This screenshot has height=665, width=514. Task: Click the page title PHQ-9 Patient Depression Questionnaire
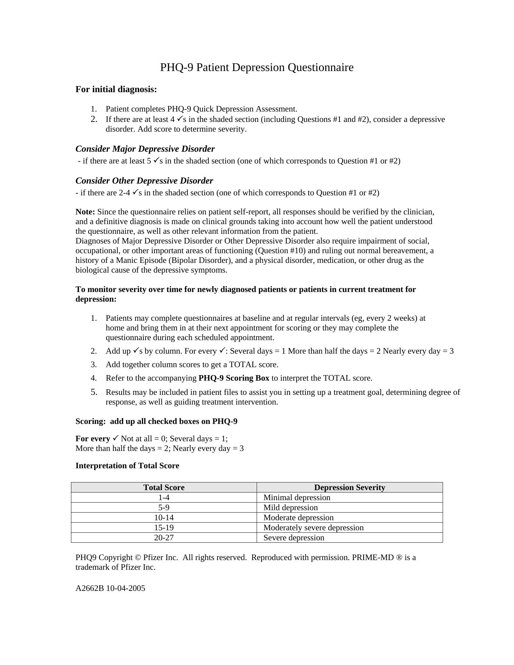coord(257,67)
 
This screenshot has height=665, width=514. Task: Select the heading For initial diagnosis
coord(116,89)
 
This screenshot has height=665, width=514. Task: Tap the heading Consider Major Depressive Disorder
coord(145,149)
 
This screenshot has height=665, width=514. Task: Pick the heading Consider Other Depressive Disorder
coord(144,181)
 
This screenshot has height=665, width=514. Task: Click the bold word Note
coord(85,212)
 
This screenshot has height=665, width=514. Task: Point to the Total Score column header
coord(164,487)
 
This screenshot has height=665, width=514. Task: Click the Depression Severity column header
coord(349,487)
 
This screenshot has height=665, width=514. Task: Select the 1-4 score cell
coord(164,497)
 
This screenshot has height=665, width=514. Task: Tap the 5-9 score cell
coord(164,507)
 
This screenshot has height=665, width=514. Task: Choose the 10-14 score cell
coord(164,517)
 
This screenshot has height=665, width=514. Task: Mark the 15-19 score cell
coord(164,527)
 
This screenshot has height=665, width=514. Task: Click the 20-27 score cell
coord(164,538)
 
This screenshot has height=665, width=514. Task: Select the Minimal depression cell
coord(297,497)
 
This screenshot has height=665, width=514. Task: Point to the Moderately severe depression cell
coord(313,527)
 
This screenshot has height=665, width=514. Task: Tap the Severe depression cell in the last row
coord(294,538)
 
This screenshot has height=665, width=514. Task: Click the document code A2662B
coord(90,588)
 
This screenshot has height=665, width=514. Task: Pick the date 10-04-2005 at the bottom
coord(126,588)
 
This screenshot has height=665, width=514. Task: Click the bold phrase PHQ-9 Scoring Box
coord(234,378)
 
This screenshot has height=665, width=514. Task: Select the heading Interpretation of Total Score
coord(127,465)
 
